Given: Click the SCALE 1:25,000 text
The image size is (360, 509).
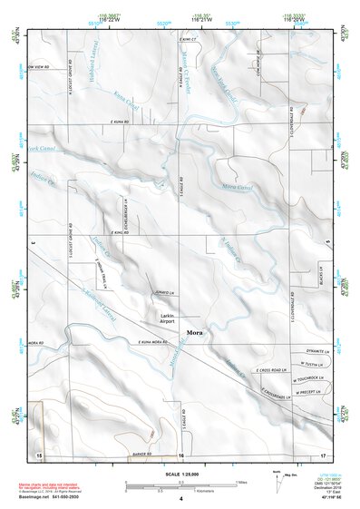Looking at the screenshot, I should point(180,475).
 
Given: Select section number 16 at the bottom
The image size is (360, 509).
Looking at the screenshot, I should point(180,455).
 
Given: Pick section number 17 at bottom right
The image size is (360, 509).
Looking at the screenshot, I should point(322,455).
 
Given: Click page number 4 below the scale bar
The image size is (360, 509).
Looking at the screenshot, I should point(180,499).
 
